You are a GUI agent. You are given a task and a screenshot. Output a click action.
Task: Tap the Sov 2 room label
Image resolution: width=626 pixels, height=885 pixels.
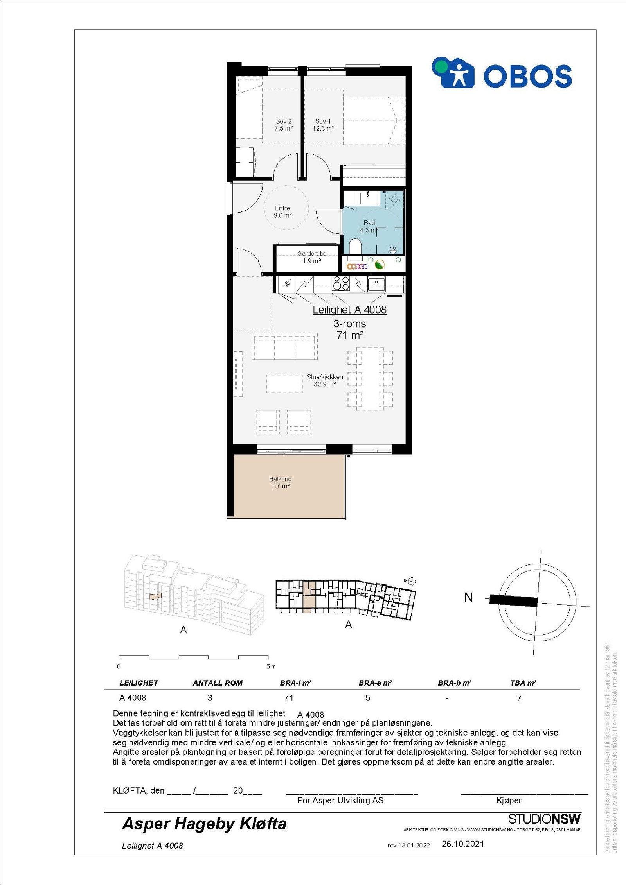pyautogui.click(x=284, y=125)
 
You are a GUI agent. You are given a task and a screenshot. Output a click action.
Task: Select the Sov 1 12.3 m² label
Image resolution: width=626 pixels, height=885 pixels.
pyautogui.click(x=323, y=125)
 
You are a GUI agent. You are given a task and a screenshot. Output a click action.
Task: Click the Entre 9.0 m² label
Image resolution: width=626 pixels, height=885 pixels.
pyautogui.click(x=282, y=212)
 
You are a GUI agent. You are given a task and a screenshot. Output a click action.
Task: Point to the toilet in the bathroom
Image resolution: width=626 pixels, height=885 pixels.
pyautogui.click(x=355, y=247)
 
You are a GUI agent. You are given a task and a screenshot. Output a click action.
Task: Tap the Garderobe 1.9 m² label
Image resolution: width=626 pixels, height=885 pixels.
pyautogui.click(x=311, y=257)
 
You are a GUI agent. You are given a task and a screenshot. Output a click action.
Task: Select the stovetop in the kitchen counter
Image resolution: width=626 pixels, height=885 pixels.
pyautogui.click(x=340, y=283)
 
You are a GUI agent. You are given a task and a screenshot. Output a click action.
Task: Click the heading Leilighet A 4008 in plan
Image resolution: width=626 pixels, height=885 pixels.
pyautogui.click(x=349, y=310)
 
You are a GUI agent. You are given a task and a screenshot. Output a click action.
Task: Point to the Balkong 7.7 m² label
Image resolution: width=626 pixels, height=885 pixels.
pyautogui.click(x=280, y=482)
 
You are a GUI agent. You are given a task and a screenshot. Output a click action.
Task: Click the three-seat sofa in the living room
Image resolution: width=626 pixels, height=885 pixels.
pyautogui.click(x=284, y=347)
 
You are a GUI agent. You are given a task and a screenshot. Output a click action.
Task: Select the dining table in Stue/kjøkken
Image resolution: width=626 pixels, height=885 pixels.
pyautogui.click(x=370, y=378)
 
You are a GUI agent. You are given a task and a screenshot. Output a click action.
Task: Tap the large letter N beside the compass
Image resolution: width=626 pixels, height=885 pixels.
pyautogui.click(x=468, y=598)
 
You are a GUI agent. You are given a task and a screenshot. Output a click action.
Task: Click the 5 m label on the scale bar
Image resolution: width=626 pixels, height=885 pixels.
pyautogui.click(x=271, y=666)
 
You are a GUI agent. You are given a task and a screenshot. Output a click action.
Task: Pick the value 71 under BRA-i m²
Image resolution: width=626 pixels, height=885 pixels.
pyautogui.click(x=289, y=698)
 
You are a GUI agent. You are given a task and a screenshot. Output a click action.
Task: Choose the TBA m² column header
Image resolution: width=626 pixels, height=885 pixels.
pyautogui.click(x=523, y=683)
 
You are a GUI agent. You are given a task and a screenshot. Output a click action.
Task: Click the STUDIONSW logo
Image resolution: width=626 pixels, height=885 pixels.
pyautogui.click(x=544, y=819)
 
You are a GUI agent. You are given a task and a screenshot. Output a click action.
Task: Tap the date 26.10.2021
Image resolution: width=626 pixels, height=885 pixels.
pyautogui.click(x=463, y=844)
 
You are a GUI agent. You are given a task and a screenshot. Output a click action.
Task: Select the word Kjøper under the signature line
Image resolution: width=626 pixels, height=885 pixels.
pyautogui.click(x=509, y=801)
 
